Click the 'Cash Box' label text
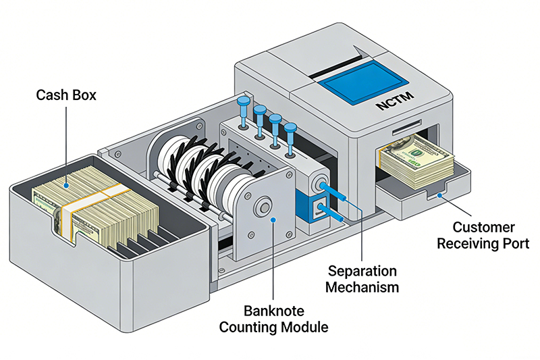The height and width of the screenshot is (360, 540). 66,95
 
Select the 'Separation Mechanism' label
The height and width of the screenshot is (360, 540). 363,278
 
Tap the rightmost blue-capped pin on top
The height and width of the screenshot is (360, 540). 291,132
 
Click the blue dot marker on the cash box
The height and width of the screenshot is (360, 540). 66,183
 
